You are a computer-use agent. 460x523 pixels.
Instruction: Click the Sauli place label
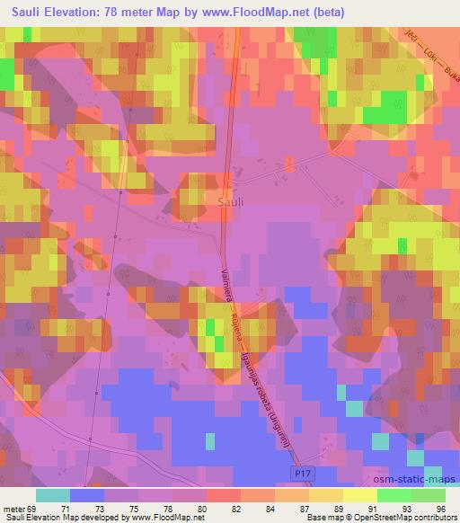tap(231, 203)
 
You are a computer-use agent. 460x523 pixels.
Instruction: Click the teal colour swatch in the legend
tap(52, 495)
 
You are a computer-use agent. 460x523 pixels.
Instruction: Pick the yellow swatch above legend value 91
tap(359, 495)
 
